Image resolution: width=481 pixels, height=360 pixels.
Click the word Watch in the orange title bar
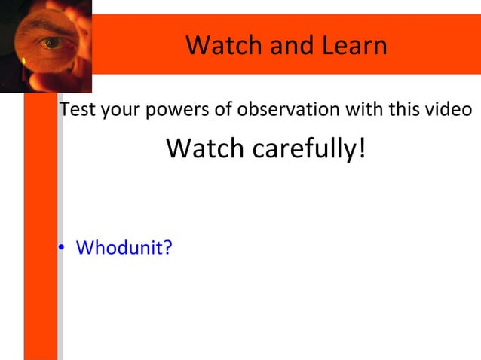pyautogui.click(x=216, y=46)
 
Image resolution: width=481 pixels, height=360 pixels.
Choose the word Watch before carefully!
pyautogui.click(x=205, y=148)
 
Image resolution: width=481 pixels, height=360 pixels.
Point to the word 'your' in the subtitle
pyautogui.click(x=118, y=110)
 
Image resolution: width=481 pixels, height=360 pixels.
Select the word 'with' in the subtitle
pyautogui.click(x=366, y=110)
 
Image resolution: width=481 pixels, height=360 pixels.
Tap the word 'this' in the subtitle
pyautogui.click(x=407, y=110)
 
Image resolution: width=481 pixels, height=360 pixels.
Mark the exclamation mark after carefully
pyautogui.click(x=361, y=148)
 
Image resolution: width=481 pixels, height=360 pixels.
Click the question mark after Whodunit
pyautogui.click(x=167, y=247)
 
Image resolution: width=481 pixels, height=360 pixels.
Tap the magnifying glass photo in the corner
pyautogui.click(x=45, y=45)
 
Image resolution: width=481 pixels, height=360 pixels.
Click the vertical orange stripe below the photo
pyautogui.click(x=41, y=226)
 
